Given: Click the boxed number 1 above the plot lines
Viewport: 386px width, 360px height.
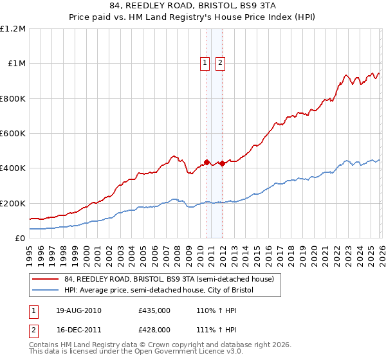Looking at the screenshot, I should point(205,63).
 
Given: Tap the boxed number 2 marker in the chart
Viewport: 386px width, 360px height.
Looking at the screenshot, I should point(220,63).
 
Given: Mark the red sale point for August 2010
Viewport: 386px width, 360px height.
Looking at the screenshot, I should point(207,162).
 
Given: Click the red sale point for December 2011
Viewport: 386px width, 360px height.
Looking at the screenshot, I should point(222,163).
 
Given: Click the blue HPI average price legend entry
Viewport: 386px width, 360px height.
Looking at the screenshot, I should point(159,291).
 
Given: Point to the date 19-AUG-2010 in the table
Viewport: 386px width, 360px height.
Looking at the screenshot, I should point(78,310).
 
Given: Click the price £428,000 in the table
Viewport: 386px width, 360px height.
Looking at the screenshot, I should point(154,329).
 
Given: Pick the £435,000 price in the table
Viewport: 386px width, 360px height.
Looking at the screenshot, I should point(154,310).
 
